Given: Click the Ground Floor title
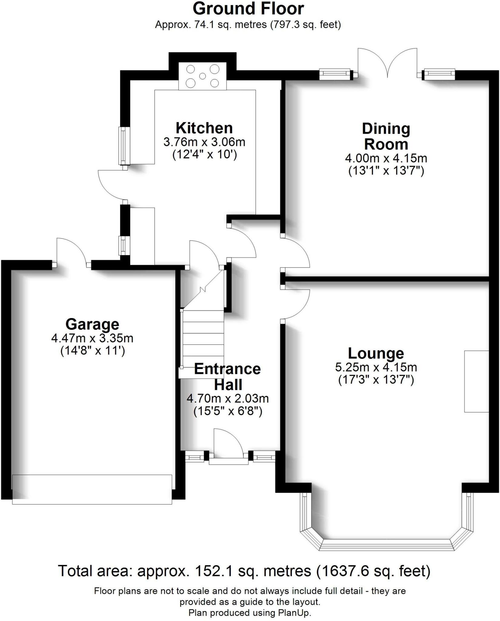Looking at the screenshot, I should [x=248, y=9].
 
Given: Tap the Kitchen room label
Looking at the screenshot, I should [x=204, y=128].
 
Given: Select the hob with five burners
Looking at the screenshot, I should [x=202, y=76].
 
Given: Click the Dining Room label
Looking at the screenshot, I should [x=386, y=136].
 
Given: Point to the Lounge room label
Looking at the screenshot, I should [x=376, y=353].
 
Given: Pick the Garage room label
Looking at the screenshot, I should [x=92, y=324].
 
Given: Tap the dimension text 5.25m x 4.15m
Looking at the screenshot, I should [x=376, y=368].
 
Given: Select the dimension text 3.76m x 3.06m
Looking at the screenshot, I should [x=204, y=142].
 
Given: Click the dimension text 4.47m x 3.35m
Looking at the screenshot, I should [x=92, y=338].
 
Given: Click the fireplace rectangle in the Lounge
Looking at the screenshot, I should [x=476, y=381].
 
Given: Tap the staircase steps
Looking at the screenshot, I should [x=203, y=338].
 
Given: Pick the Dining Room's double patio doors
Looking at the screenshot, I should [x=387, y=64].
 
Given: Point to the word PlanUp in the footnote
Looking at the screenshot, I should [x=294, y=613].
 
